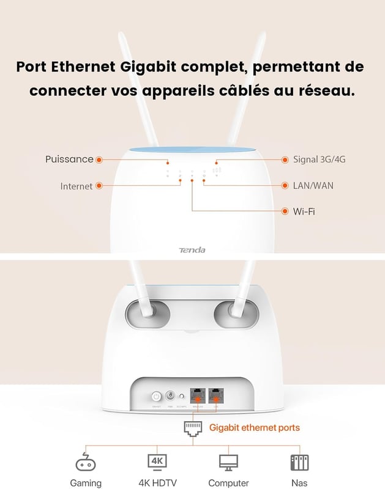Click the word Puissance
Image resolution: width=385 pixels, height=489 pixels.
69,160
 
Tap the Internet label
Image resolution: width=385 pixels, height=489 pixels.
77,186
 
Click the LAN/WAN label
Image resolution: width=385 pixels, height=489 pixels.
313,185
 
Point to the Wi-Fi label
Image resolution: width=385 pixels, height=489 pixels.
304,211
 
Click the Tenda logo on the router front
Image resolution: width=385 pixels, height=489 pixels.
192,250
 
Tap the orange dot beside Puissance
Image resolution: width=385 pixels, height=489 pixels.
99,160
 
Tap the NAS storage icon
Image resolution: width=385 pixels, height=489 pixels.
299,462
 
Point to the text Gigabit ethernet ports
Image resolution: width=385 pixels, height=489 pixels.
255,428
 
